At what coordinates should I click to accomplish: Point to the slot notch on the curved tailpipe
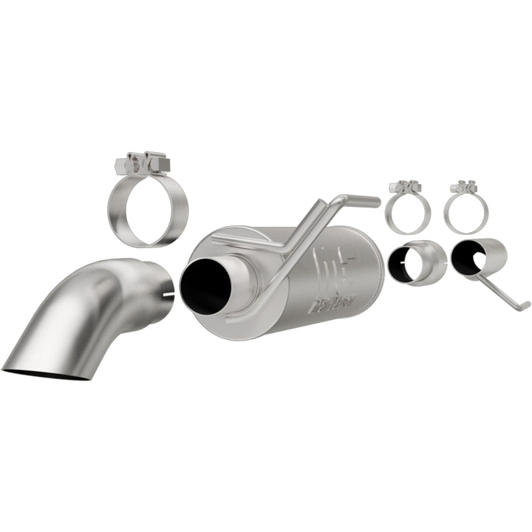pos(168,296)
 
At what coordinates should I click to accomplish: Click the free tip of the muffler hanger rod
pos(375,200)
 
